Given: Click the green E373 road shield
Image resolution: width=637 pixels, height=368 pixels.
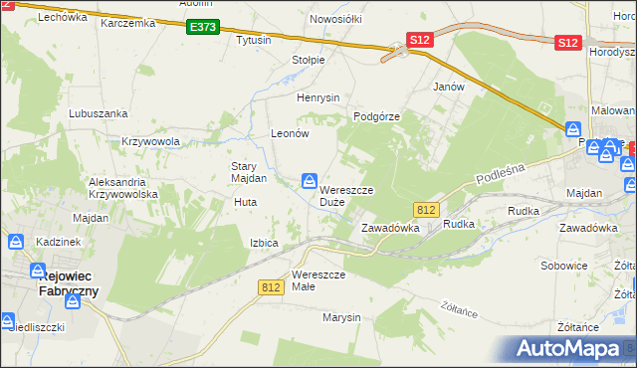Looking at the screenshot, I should [x=201, y=28].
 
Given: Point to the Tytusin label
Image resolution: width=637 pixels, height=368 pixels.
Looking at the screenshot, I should [x=253, y=41].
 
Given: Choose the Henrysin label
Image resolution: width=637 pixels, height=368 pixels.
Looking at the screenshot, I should [x=318, y=97].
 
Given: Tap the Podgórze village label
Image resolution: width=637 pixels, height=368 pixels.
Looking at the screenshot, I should [x=376, y=116].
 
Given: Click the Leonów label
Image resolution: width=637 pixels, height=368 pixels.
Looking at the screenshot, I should [x=292, y=133].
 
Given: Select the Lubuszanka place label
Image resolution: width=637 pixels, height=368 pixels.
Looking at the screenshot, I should [x=95, y=113].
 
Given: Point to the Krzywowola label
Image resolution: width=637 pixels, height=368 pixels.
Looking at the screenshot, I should [x=150, y=141].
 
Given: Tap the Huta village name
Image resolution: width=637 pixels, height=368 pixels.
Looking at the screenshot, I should [x=245, y=202].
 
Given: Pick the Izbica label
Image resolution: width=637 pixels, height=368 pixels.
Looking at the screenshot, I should [x=271, y=243].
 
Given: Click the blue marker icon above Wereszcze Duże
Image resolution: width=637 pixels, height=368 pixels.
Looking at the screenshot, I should [x=311, y=180].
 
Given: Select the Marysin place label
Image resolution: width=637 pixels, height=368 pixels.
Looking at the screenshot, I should [x=340, y=317].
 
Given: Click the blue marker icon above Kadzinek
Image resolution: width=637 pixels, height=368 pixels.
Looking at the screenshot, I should [x=16, y=241].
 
